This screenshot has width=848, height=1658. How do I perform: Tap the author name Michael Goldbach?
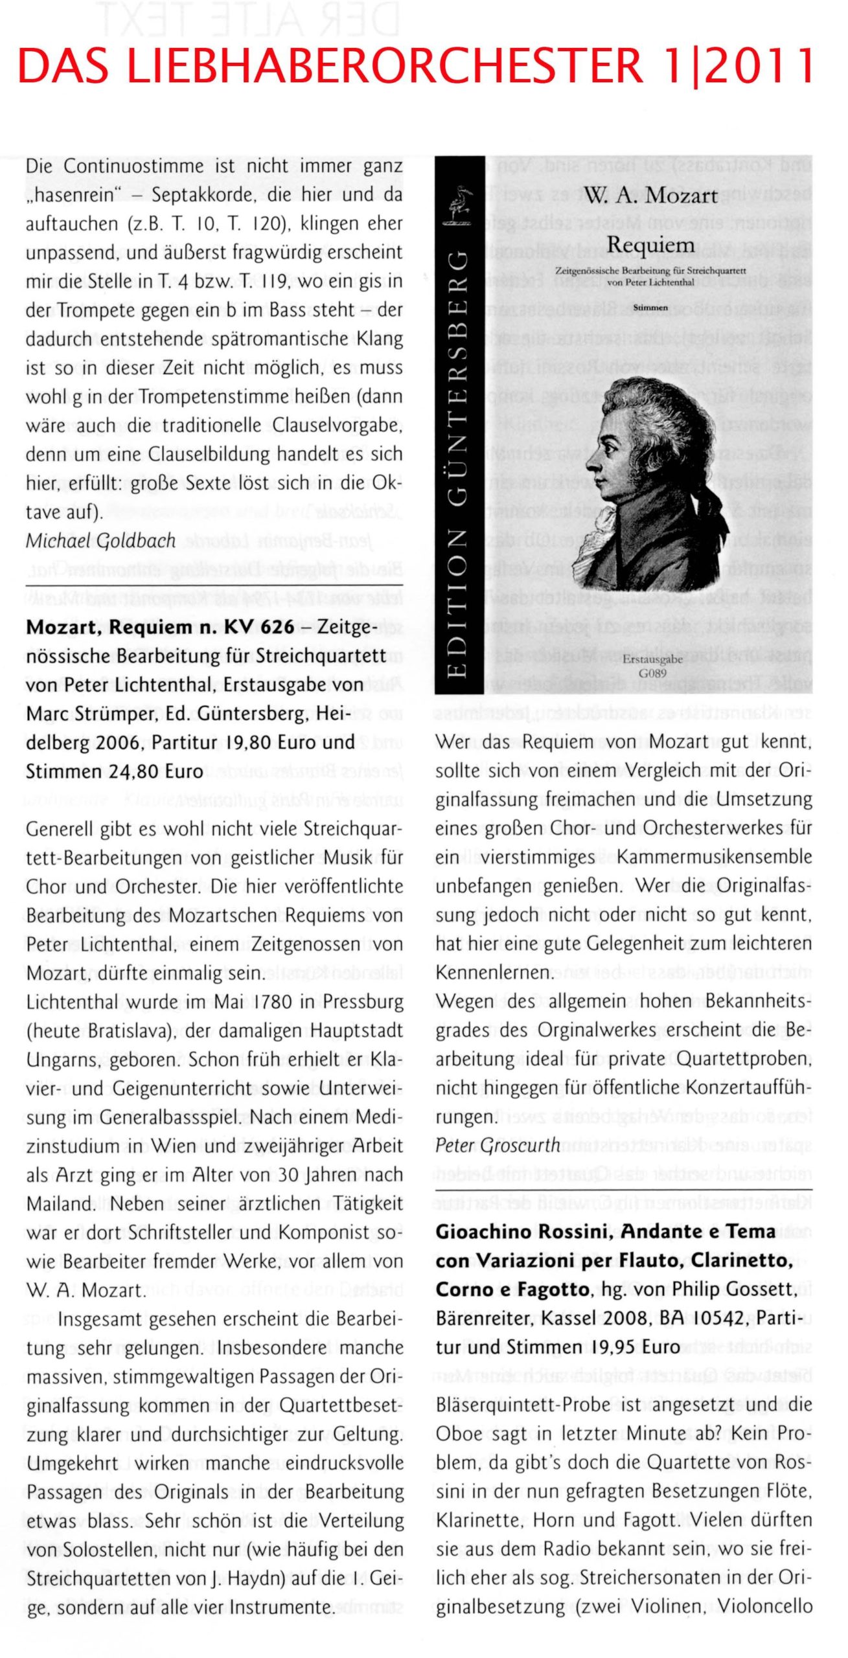point(100,540)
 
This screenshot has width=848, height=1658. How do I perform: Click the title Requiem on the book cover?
point(651,245)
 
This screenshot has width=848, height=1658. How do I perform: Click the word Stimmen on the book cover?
point(650,308)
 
